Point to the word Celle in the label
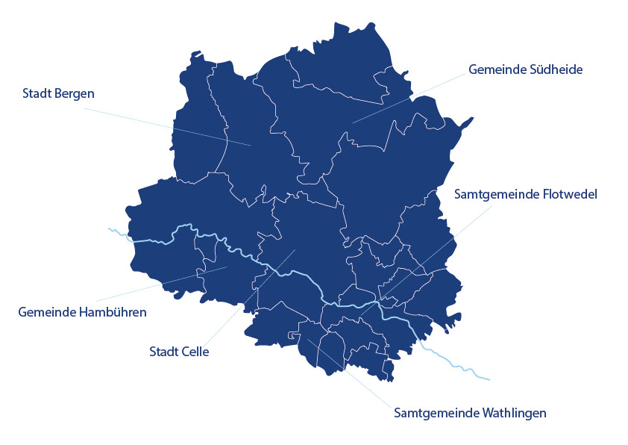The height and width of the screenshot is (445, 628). coord(195,352)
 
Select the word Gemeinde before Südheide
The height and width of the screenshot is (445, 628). coord(492,69)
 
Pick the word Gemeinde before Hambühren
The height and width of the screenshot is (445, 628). coord(45,312)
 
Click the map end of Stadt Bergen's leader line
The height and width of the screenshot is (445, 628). coord(251,145)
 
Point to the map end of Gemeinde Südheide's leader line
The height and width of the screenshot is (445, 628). coord(352,122)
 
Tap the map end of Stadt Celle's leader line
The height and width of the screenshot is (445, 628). coord(296,249)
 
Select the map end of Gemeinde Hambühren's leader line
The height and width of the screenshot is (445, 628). coord(227,267)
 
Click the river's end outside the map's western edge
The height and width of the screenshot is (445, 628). coord(109,228)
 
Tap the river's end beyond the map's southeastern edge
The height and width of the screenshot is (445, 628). coord(490,380)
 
